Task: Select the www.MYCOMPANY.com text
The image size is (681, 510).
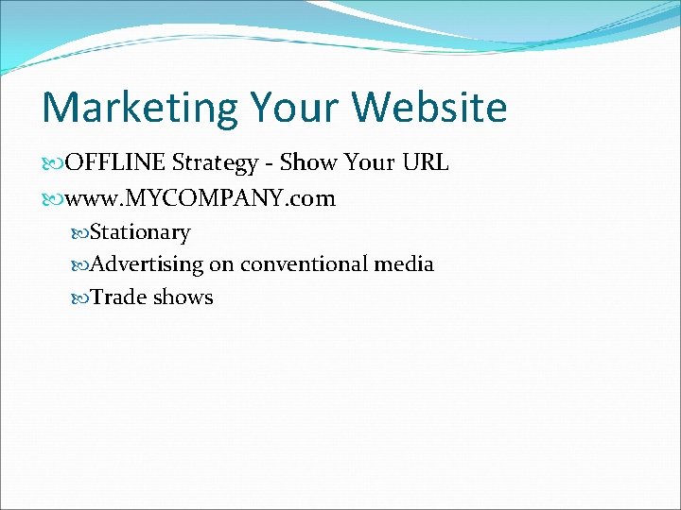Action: tap(201, 199)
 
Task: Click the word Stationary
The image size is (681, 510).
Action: tap(140, 232)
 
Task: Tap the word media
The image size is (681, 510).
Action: tap(404, 264)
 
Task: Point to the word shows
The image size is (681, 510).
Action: tap(183, 297)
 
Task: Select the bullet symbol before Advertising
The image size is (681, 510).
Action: tap(80, 265)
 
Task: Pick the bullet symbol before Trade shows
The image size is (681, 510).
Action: tap(80, 298)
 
